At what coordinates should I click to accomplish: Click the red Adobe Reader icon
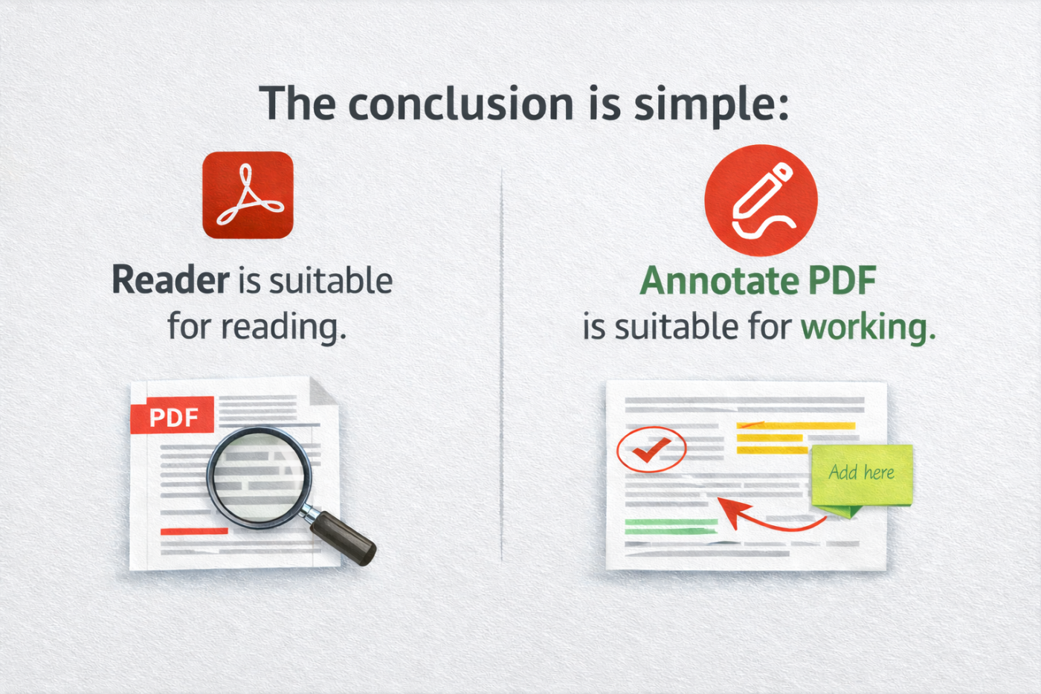coord(248,195)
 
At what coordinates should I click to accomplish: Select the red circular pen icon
coord(761,200)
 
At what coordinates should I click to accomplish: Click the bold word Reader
coord(170,280)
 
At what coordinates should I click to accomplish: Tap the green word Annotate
coord(718,281)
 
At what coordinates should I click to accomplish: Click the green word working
coord(867,327)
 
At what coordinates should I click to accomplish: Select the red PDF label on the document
coord(173,417)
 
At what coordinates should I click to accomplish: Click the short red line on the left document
coord(194,531)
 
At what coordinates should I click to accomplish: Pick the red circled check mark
coord(651,449)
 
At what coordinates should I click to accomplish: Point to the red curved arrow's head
coord(727,508)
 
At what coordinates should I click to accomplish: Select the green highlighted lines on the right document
coord(671,527)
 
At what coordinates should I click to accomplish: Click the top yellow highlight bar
coord(795,426)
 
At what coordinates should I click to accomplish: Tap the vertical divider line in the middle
coord(502,364)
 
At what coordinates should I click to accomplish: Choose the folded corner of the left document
coord(324,391)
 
